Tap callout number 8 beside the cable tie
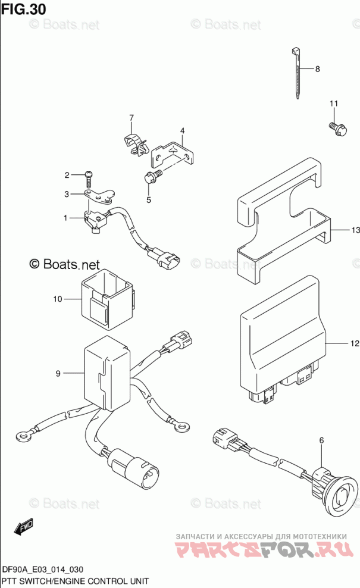(317, 69)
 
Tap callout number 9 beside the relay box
(58, 374)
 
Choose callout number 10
(58, 299)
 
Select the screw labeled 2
(88, 174)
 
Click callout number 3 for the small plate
(67, 193)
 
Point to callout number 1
(66, 218)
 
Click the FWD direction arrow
(24, 527)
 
